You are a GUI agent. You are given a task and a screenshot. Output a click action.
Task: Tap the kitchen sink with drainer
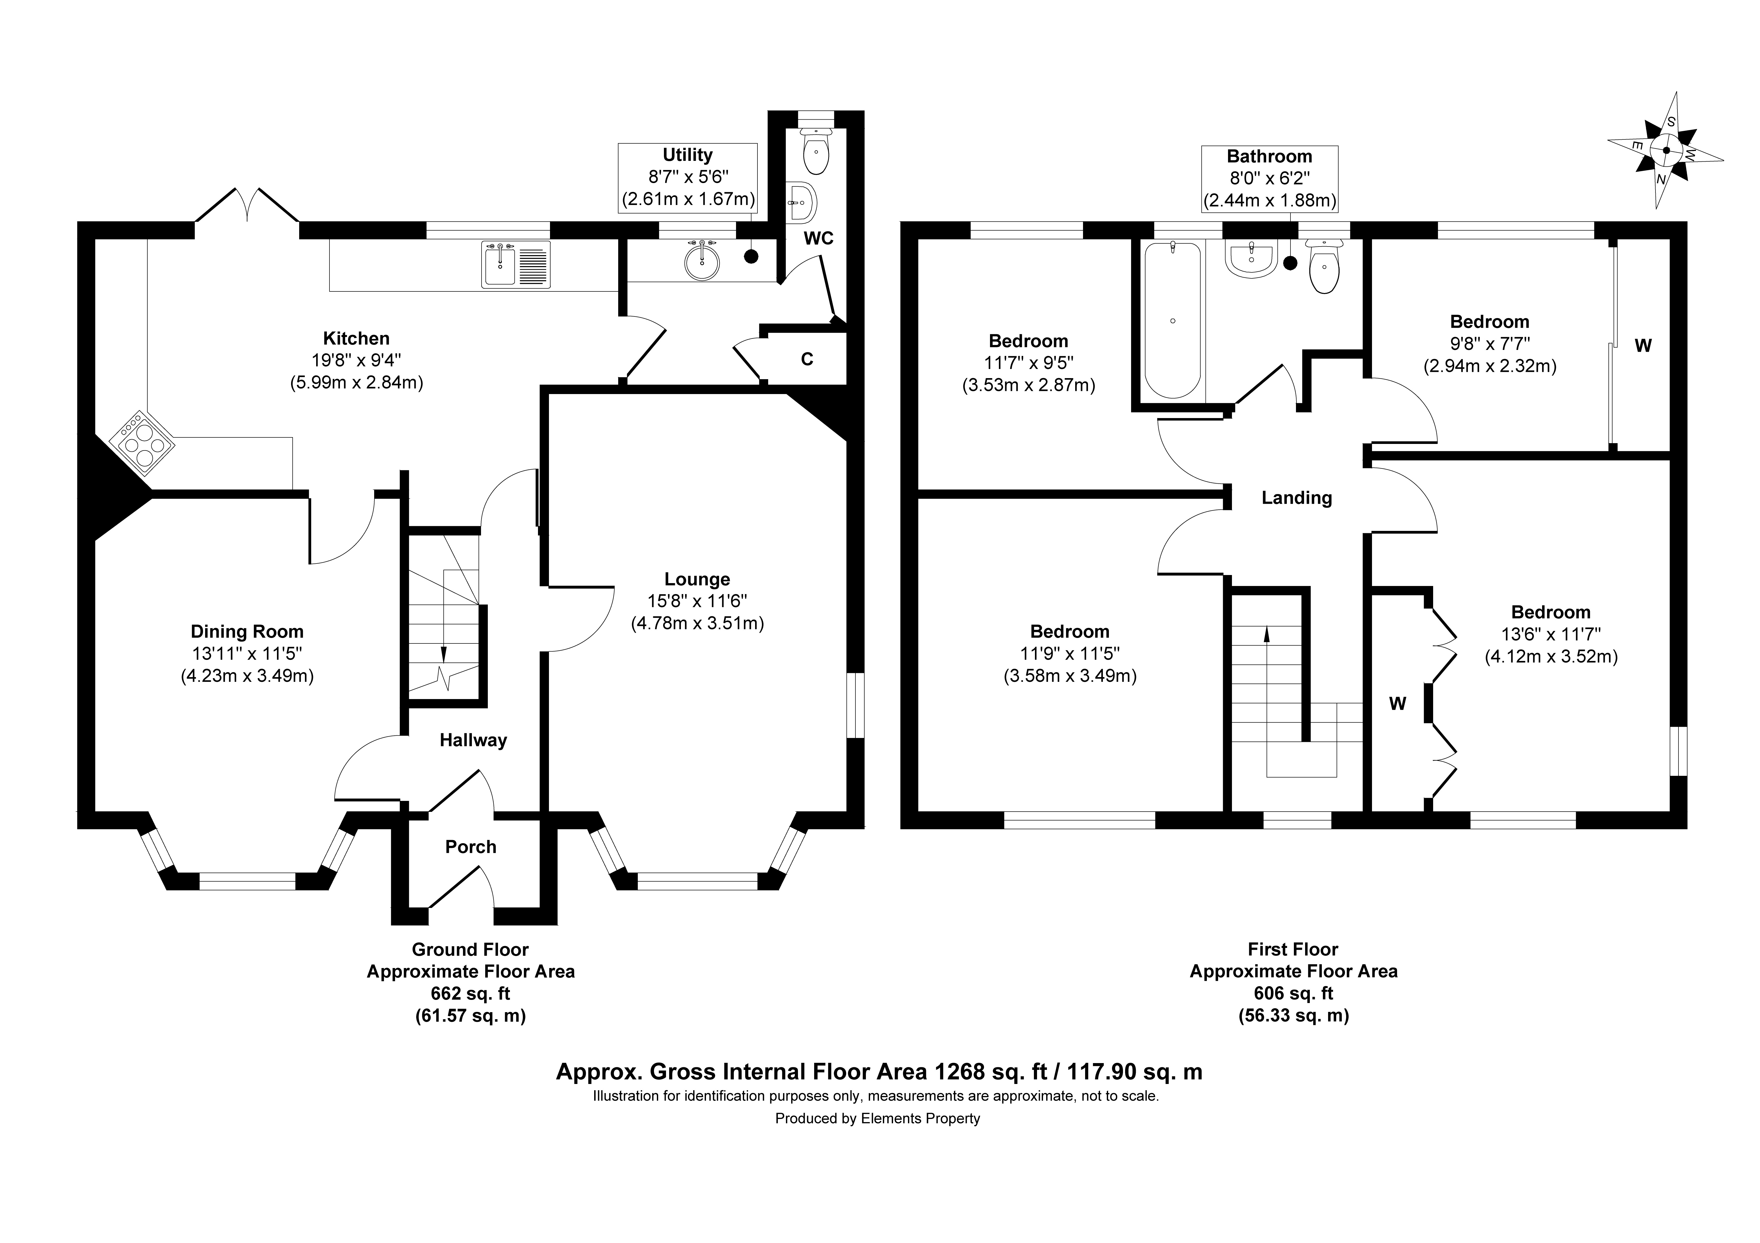(516, 264)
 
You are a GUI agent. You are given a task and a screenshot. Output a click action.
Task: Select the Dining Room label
(247, 631)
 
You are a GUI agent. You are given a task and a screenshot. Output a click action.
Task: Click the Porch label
(471, 847)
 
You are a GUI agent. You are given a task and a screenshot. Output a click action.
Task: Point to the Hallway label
(473, 740)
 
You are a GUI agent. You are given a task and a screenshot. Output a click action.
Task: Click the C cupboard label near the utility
(807, 359)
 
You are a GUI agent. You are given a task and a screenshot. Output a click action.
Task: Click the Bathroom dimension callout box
(1269, 179)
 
